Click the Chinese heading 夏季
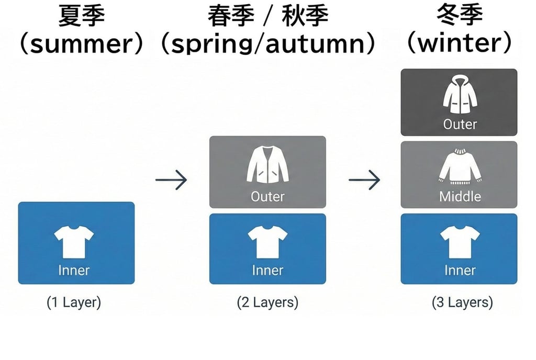click(x=81, y=16)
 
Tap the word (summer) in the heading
click(x=81, y=44)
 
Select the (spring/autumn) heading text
click(x=267, y=44)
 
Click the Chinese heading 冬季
click(x=459, y=16)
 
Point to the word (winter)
click(x=459, y=44)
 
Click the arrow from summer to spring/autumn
click(x=171, y=180)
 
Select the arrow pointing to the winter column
click(x=364, y=180)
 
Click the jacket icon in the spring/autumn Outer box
click(x=267, y=165)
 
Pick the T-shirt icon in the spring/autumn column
click(x=267, y=242)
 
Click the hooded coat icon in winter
click(x=460, y=95)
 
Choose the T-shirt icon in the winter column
click(x=460, y=242)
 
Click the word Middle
click(x=460, y=197)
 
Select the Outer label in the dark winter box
click(x=460, y=125)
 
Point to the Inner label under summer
click(x=74, y=271)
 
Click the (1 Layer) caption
click(x=74, y=302)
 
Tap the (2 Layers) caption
click(x=267, y=302)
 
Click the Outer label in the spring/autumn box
click(x=267, y=197)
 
